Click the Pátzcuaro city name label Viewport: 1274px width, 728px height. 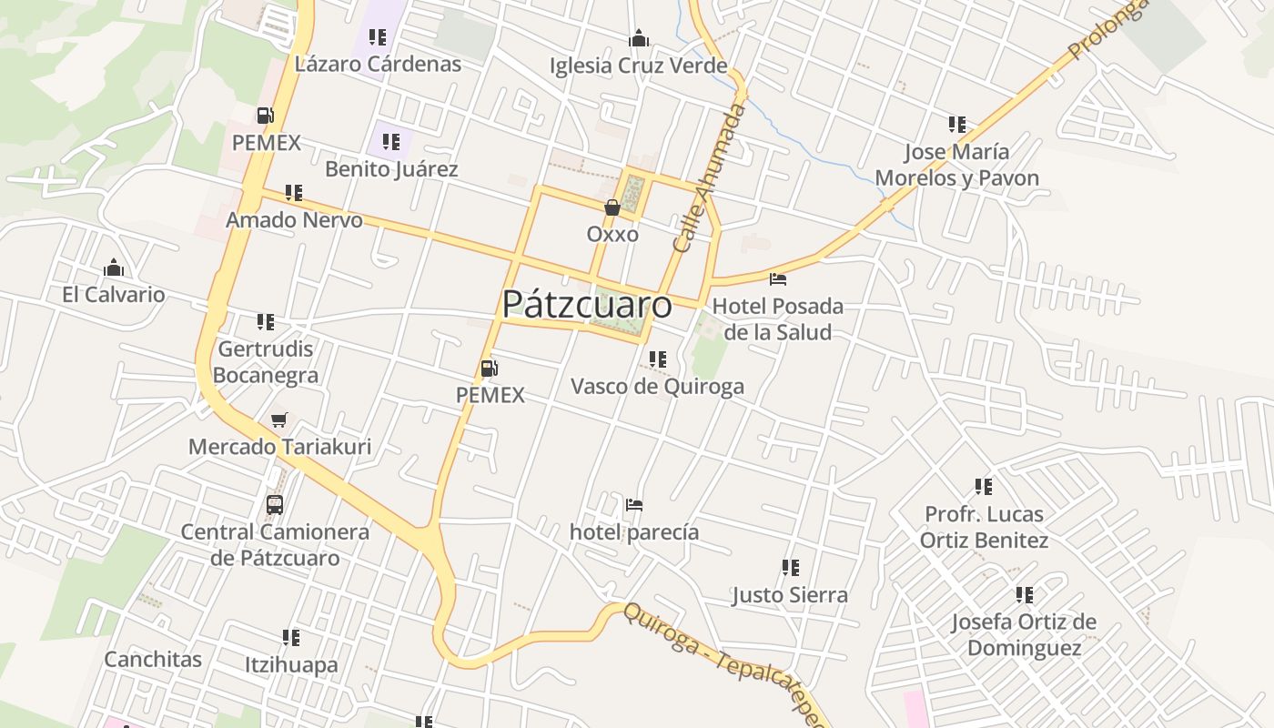pyautogui.click(x=587, y=304)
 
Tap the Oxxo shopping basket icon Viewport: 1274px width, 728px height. pyautogui.click(x=612, y=207)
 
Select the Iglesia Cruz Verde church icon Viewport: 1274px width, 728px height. pyautogui.click(x=639, y=38)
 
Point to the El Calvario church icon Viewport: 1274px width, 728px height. pyautogui.click(x=114, y=268)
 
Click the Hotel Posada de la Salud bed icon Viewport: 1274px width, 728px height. pyautogui.click(x=777, y=278)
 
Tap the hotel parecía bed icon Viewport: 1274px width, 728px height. pyautogui.click(x=634, y=505)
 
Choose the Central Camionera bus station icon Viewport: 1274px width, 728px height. pyautogui.click(x=275, y=504)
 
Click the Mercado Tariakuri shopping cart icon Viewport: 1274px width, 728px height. pyautogui.click(x=279, y=420)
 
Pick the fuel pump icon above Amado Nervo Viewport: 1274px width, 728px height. pyautogui.click(x=266, y=116)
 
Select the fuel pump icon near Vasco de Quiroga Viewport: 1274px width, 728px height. pyautogui.click(x=490, y=369)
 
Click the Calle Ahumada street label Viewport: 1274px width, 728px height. pyautogui.click(x=711, y=177)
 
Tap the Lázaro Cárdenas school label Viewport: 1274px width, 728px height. pyautogui.click(x=379, y=64)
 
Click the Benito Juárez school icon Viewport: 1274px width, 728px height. pyautogui.click(x=391, y=142)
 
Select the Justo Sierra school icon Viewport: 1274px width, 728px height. pyautogui.click(x=791, y=568)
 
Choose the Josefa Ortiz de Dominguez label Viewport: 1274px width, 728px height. pyautogui.click(x=1024, y=634)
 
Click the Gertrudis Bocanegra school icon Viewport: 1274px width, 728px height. pyautogui.click(x=266, y=322)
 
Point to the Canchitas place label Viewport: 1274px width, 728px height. pyautogui.click(x=153, y=659)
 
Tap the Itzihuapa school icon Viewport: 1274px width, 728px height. pyautogui.click(x=291, y=638)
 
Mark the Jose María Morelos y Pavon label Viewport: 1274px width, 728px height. pyautogui.click(x=956, y=165)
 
